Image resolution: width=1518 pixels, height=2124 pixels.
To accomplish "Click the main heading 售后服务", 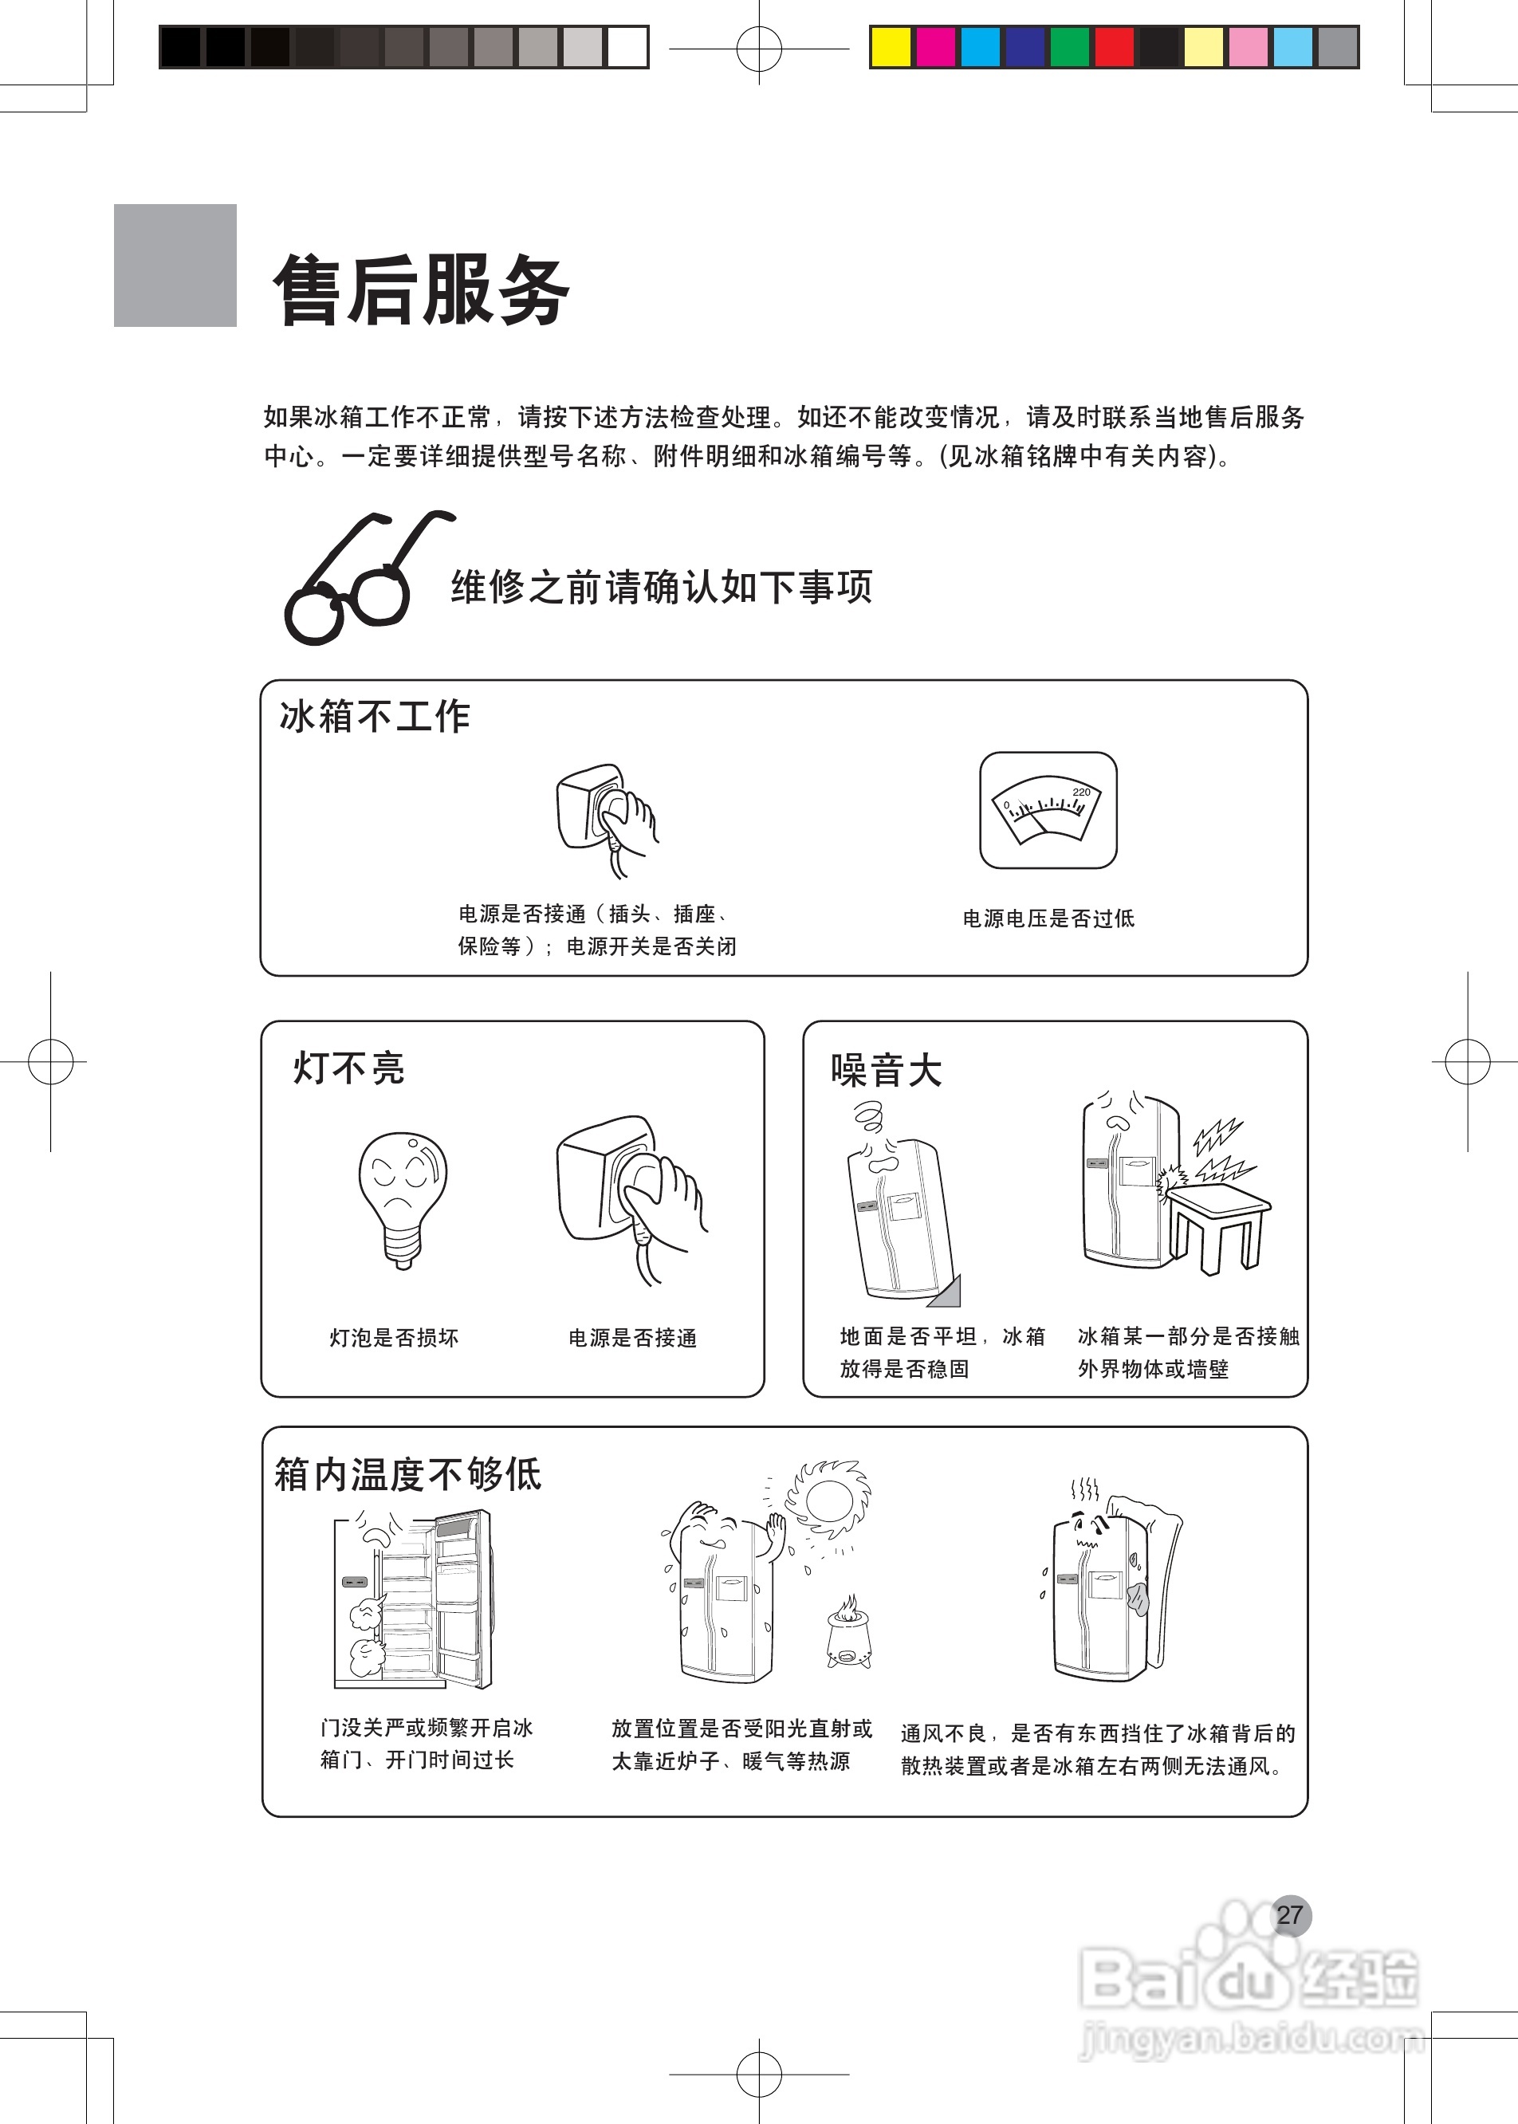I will [x=421, y=291].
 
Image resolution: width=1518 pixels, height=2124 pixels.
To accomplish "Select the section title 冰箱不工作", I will [x=375, y=717].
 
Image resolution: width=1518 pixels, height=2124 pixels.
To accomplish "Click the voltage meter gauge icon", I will [x=1048, y=811].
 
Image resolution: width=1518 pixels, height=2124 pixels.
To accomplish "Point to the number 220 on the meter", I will [x=1080, y=792].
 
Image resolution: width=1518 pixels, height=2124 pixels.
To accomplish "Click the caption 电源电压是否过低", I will [x=1048, y=919].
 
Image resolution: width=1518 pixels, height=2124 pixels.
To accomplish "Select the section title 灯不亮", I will [x=348, y=1068].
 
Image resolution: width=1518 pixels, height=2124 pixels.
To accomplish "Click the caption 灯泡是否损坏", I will [x=394, y=1338].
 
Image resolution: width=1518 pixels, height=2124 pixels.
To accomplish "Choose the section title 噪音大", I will [x=886, y=1071].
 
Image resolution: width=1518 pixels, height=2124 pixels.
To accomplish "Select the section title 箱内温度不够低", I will [x=407, y=1474].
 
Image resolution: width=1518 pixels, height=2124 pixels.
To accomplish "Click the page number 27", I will [x=1290, y=1916].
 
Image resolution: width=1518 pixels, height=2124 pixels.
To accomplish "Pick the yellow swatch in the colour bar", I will [x=890, y=48].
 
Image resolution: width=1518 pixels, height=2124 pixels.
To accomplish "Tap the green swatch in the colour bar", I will [x=1069, y=48].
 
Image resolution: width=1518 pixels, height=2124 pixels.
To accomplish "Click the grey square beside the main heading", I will [x=175, y=265].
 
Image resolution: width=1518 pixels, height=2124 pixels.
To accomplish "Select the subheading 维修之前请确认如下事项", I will [x=662, y=587].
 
